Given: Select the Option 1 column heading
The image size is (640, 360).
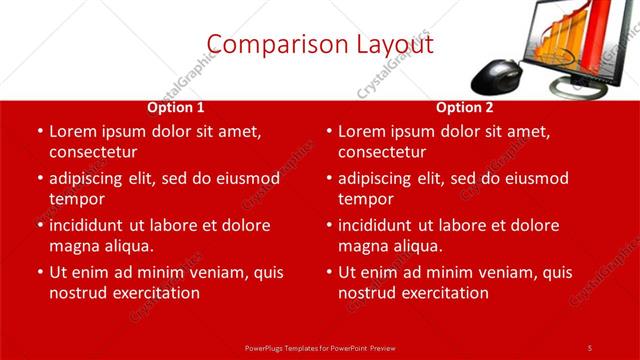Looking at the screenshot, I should tap(176, 107).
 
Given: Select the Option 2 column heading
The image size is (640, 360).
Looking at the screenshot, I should tap(465, 107).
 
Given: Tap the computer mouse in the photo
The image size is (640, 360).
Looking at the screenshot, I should tap(497, 73).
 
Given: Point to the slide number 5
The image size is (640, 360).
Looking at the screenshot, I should tap(590, 347).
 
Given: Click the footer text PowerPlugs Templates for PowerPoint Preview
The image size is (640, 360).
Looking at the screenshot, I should tap(320, 347).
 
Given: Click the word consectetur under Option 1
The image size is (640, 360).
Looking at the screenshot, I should tap(93, 152).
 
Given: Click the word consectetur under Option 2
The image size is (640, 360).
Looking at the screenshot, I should tap(382, 152).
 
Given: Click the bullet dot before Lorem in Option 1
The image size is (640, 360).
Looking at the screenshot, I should tap(39, 132).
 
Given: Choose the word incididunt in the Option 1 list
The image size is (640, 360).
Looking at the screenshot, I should tap(93, 225).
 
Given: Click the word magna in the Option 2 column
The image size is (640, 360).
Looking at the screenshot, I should tap(362, 246).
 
